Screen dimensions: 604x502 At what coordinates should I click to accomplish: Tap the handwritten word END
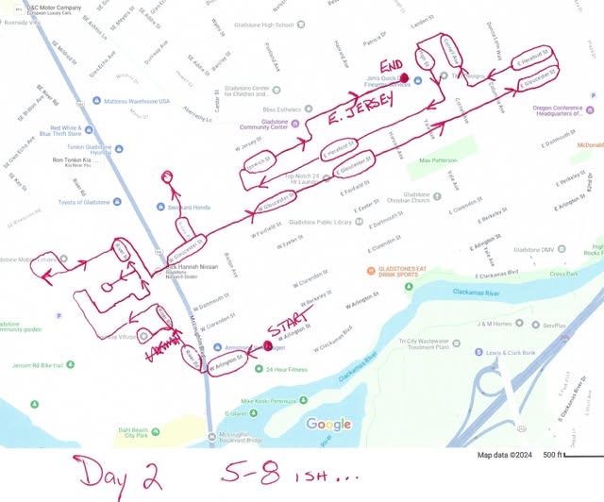click(391, 62)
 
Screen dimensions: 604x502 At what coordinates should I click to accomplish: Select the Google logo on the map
click(329, 425)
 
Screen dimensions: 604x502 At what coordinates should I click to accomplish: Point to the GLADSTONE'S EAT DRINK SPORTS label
click(416, 273)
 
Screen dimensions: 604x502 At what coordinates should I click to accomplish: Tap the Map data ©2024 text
click(503, 455)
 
